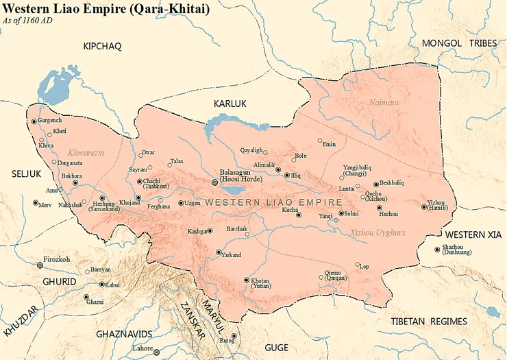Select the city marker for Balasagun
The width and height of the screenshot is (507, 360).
tap(215, 182)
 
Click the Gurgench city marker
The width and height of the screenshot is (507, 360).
tap(34, 121)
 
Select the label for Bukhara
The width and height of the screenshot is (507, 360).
tap(72, 176)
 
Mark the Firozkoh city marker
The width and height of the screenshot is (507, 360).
tap(38, 265)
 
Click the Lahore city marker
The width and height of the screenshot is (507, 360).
tap(157, 352)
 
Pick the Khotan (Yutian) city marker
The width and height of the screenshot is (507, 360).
tap(247, 280)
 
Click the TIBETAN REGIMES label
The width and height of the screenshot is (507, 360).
tap(429, 321)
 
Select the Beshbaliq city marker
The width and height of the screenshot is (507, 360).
tap(375, 184)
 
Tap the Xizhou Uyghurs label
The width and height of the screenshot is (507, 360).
tap(378, 232)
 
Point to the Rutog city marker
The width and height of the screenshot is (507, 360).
tap(234, 336)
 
